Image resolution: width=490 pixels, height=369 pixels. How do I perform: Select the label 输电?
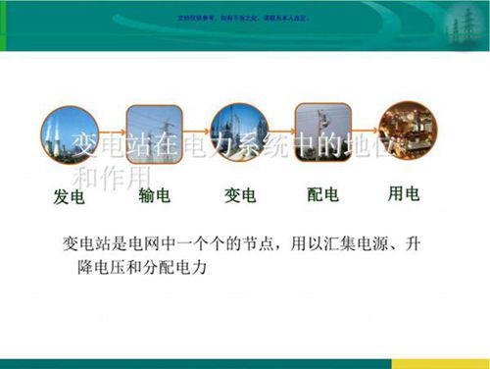pyautogui.click(x=154, y=196)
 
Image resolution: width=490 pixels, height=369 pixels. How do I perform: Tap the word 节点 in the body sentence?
pyautogui.click(x=277, y=241)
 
